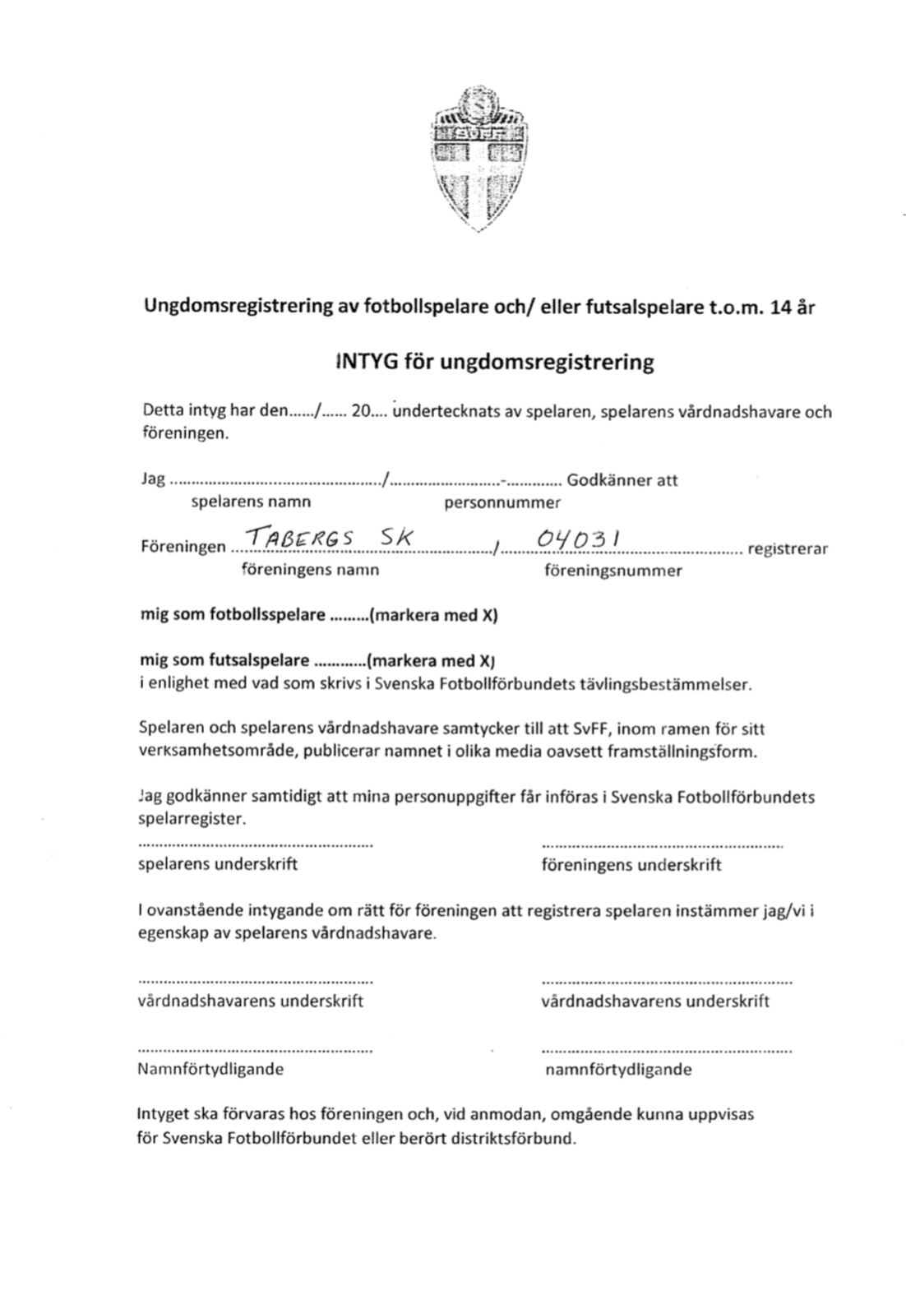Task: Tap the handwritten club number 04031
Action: click(579, 539)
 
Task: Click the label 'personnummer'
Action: click(502, 502)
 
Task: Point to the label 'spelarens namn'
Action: click(251, 502)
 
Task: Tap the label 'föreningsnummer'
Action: click(612, 570)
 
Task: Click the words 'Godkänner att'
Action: click(622, 480)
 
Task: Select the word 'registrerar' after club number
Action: click(788, 548)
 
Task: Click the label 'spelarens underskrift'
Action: click(218, 864)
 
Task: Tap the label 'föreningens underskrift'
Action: click(631, 864)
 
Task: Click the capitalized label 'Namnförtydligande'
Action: click(210, 1069)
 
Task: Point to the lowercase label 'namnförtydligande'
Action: click(618, 1070)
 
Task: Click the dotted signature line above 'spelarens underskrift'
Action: click(255, 844)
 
